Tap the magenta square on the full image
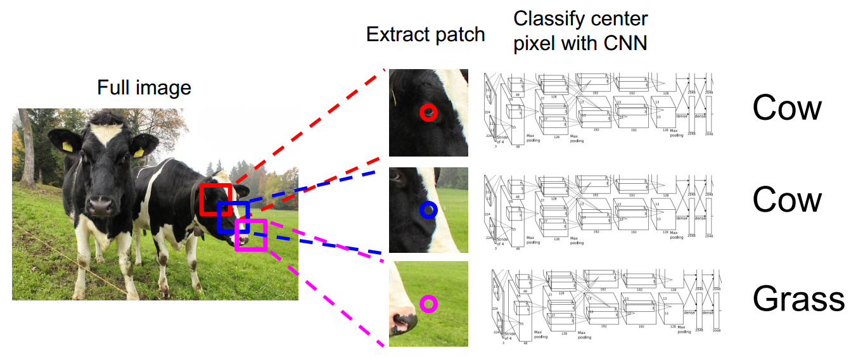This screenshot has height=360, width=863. tap(250, 235)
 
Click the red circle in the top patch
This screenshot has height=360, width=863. tap(429, 113)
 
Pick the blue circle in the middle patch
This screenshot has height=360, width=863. tap(429, 210)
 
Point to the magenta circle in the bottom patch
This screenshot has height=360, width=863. tap(429, 304)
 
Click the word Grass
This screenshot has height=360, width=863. tap(798, 299)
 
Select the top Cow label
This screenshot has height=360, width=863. tap(786, 108)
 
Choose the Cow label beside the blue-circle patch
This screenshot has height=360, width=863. tap(786, 200)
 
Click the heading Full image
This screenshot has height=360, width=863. tap(144, 87)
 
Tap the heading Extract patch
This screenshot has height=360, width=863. tap(425, 34)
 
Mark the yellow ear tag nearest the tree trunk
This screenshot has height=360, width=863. tap(67, 146)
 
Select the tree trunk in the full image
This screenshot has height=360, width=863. tap(27, 152)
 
